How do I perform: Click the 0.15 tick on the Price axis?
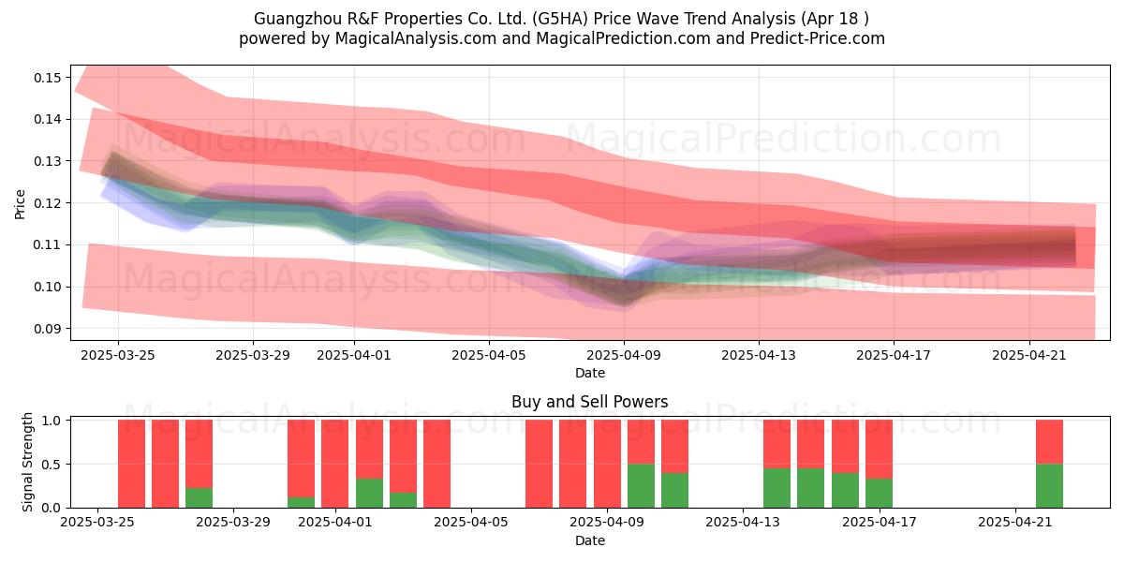tap(48, 78)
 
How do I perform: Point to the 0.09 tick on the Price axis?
tap(48, 329)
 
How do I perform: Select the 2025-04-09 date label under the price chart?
tap(624, 355)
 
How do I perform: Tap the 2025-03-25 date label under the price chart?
tap(118, 355)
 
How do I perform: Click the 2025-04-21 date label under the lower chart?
tap(1015, 523)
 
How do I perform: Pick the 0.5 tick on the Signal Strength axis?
tap(52, 465)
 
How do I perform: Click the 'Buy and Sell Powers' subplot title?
tap(589, 402)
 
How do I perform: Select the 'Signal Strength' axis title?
tap(27, 462)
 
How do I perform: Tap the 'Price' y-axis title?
tap(20, 204)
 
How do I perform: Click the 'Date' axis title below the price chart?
tap(589, 374)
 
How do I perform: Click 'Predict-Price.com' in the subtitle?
tap(818, 38)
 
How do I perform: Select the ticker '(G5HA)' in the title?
tap(560, 19)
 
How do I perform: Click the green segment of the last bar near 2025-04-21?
tap(1049, 486)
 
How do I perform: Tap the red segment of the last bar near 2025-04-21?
tap(1049, 442)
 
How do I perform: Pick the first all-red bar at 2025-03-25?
tap(131, 464)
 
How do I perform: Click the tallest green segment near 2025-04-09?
tap(641, 486)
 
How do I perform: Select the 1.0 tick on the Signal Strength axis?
tap(52, 421)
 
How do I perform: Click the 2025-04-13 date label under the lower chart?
tap(743, 523)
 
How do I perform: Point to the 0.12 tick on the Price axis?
tap(48, 203)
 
